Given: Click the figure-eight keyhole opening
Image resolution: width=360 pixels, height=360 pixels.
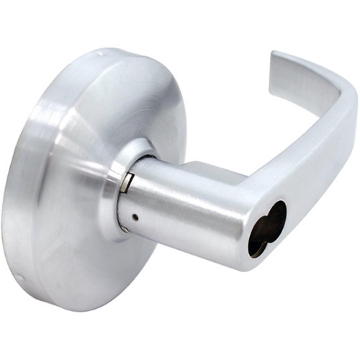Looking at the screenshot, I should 266,228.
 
